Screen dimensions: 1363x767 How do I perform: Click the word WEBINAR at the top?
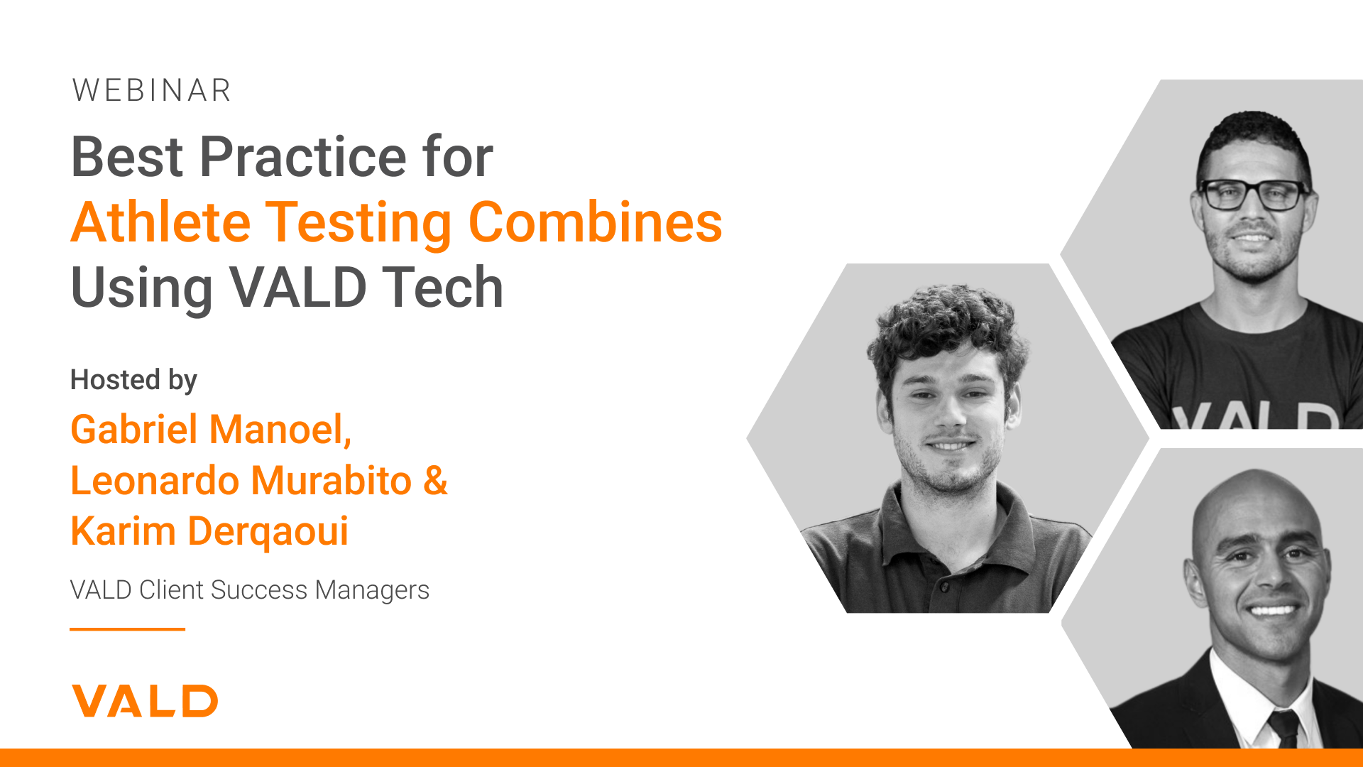151,91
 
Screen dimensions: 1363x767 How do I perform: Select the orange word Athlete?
160,222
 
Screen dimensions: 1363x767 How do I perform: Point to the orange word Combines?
596,222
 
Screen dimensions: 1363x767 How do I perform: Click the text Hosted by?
133,381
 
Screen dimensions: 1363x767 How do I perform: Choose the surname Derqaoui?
268,533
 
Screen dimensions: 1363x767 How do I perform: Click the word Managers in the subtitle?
372,590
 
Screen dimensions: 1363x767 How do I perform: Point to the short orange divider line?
127,629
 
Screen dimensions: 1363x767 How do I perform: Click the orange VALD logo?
145,701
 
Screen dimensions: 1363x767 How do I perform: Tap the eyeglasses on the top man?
1254,194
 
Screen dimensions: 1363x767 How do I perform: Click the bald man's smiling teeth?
1271,609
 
